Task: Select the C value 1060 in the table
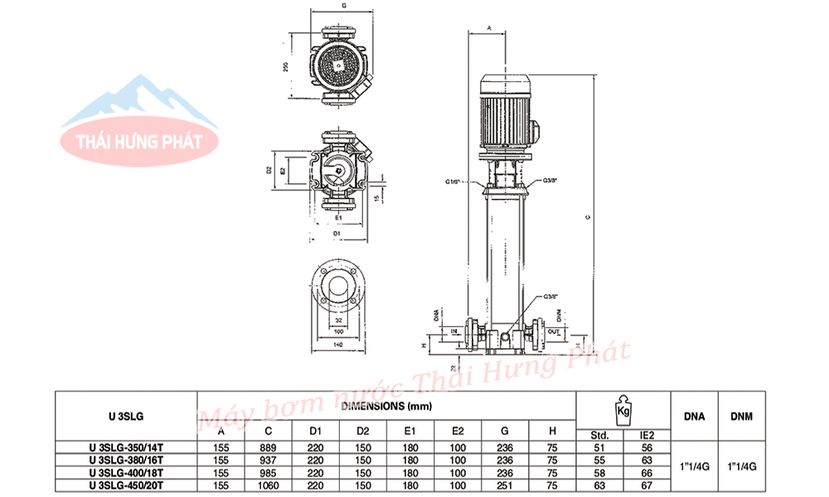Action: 269,485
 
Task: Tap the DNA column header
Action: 694,416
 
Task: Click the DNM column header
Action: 742,416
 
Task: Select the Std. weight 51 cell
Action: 600,448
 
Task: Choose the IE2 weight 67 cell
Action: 647,485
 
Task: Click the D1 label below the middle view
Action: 337,235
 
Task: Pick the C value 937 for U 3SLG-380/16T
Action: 269,461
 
